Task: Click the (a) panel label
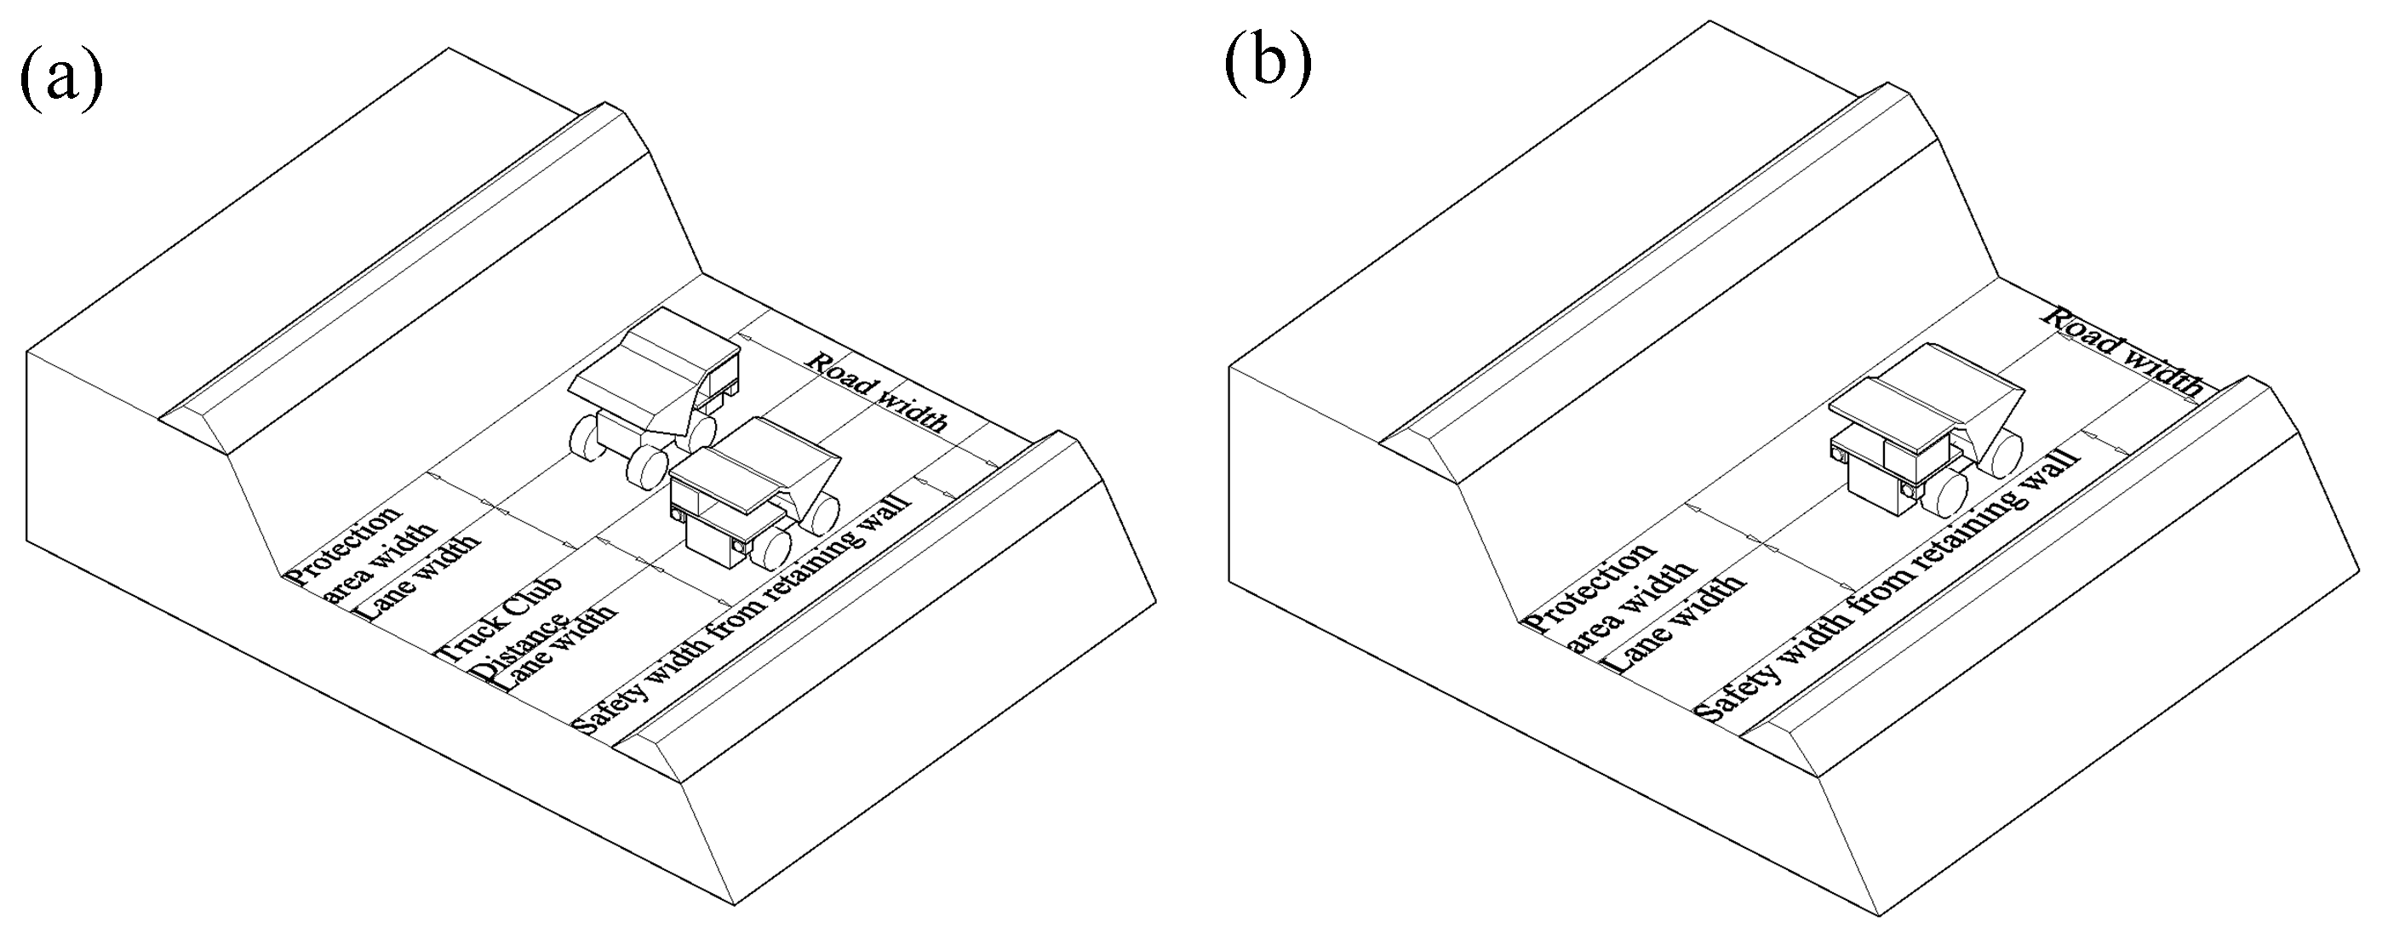tap(60, 79)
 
